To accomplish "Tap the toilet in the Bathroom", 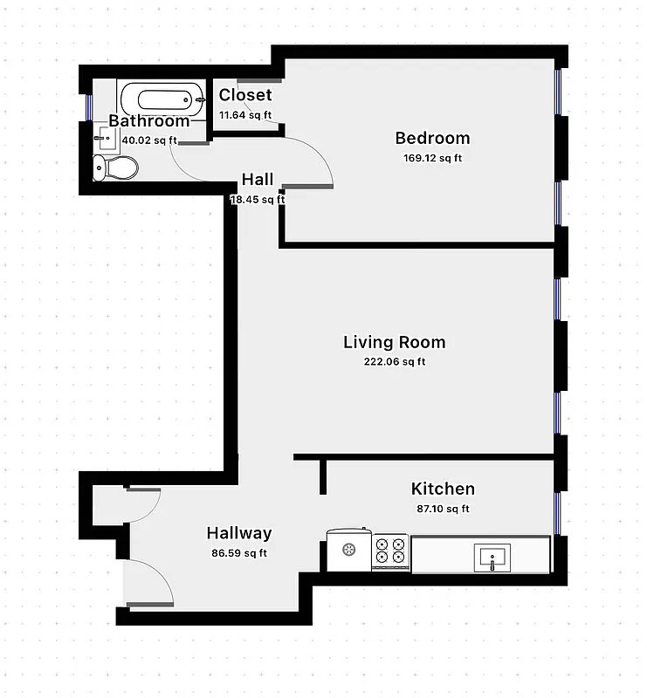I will tap(115, 166).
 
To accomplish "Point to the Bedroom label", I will tap(432, 138).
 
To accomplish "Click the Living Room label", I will tap(394, 342).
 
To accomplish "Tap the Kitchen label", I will tap(443, 489).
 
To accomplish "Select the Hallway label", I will tap(238, 533).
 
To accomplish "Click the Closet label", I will tap(245, 95).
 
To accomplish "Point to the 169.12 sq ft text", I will tap(432, 158).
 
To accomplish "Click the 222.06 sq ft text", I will tap(395, 362).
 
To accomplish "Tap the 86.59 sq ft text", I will tap(237, 553).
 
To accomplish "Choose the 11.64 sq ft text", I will tap(245, 114).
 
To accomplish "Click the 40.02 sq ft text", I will tap(149, 140).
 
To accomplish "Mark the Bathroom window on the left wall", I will tap(87, 106).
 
